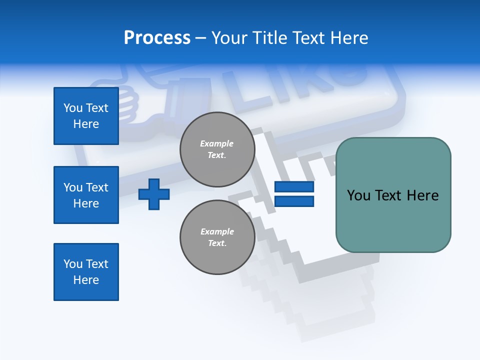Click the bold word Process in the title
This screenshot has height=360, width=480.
[157, 38]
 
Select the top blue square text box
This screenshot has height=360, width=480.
[86, 116]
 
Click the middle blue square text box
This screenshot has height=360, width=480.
[86, 195]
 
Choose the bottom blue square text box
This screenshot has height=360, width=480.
[86, 272]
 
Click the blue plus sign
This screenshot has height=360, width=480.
[154, 194]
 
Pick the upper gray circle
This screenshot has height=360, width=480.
[217, 149]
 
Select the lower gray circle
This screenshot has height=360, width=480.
[217, 237]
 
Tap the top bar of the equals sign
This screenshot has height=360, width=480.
[294, 187]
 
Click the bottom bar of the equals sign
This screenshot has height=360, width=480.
[294, 201]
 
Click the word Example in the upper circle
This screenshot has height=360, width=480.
[217, 143]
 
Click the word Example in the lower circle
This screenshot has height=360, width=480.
[217, 231]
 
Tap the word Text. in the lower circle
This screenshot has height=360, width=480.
[217, 243]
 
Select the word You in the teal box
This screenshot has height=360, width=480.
[359, 195]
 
